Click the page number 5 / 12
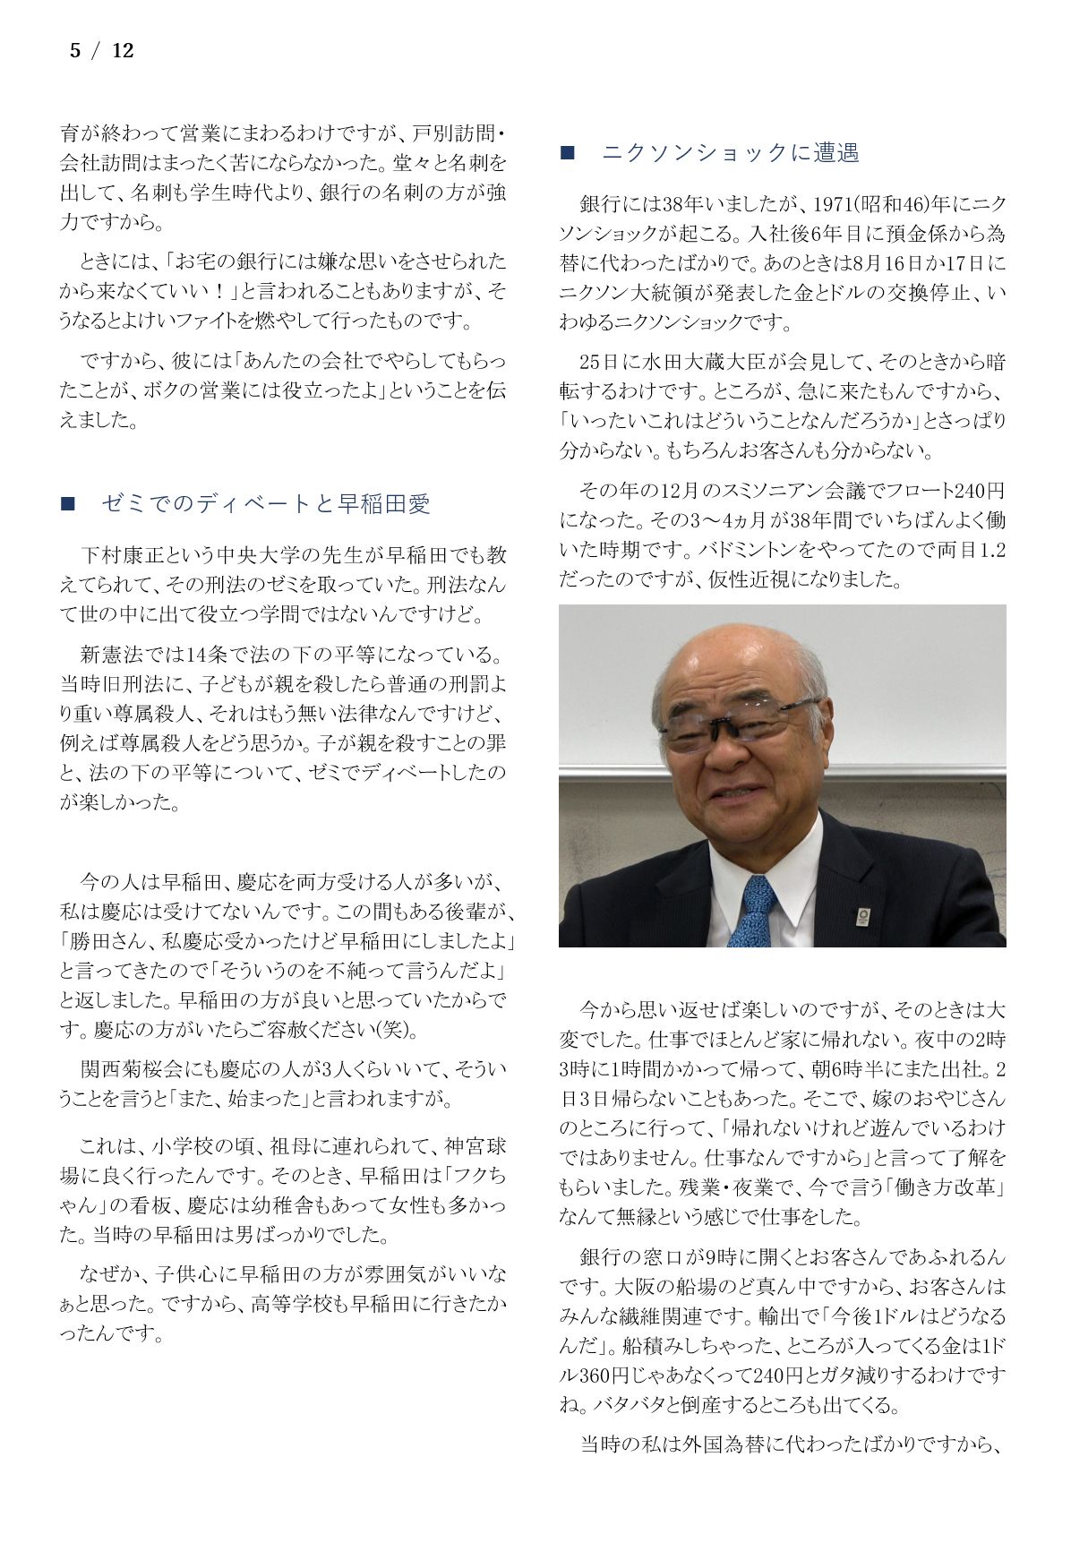pos(101,51)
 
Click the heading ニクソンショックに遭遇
pos(730,153)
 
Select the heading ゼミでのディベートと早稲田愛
pos(266,504)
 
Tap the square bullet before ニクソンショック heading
pos(567,153)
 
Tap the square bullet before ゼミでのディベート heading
pos(67,504)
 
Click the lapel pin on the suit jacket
pos(862,916)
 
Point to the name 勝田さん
pos(112,941)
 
